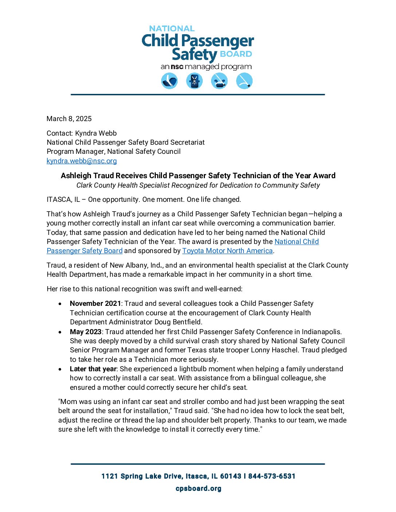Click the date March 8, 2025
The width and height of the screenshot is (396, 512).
pyautogui.click(x=69, y=119)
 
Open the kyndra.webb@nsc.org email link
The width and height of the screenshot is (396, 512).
pyautogui.click(x=82, y=161)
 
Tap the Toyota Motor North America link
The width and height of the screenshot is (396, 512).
pyautogui.click(x=227, y=251)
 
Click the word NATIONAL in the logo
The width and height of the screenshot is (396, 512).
pyautogui.click(x=172, y=28)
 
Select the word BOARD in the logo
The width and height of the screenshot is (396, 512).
pyautogui.click(x=236, y=54)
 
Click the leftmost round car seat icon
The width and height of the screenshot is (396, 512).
pyautogui.click(x=169, y=81)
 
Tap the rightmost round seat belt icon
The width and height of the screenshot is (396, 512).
pyautogui.click(x=244, y=81)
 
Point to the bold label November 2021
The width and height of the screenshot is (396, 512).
pyautogui.click(x=95, y=304)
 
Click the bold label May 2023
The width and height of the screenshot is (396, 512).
pyautogui.click(x=86, y=332)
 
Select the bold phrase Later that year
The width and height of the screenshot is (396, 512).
pyautogui.click(x=93, y=369)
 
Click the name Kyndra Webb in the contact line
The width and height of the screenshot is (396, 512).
pyautogui.click(x=96, y=133)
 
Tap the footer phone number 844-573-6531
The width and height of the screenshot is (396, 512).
pyautogui.click(x=272, y=476)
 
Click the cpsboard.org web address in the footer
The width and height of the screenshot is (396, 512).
pyautogui.click(x=198, y=488)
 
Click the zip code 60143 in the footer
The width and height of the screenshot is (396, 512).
pyautogui.click(x=230, y=476)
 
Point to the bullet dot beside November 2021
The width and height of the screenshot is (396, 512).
pyautogui.click(x=60, y=304)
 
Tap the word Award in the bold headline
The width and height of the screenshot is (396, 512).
pyautogui.click(x=324, y=176)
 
